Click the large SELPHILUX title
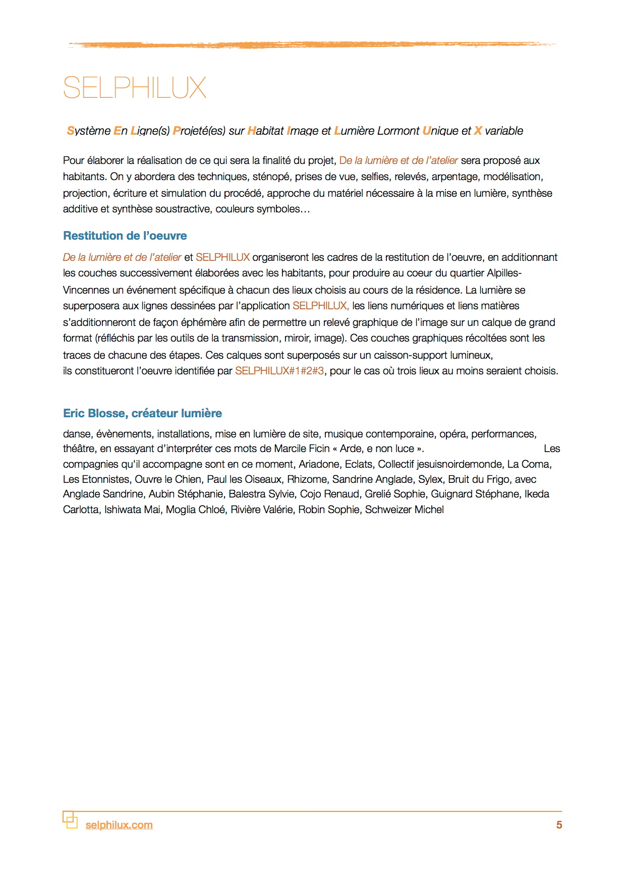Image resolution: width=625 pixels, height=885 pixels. pyautogui.click(x=135, y=88)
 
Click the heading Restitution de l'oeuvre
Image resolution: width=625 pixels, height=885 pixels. pyautogui.click(x=125, y=236)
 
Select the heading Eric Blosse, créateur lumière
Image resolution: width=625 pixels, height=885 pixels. pyautogui.click(x=142, y=413)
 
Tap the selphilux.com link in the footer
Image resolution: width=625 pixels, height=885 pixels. pyautogui.click(x=119, y=825)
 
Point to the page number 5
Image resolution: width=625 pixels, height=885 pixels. pyautogui.click(x=559, y=825)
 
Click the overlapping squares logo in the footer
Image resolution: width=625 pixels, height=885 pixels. pyautogui.click(x=70, y=819)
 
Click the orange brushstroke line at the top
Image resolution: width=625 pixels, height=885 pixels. pyautogui.click(x=312, y=45)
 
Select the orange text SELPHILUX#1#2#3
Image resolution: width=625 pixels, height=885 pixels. pyautogui.click(x=279, y=371)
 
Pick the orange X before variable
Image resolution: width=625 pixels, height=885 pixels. pyautogui.click(x=478, y=131)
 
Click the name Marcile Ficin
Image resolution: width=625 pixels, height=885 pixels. pyautogui.click(x=302, y=449)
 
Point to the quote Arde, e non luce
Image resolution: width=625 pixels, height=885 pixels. pyautogui.click(x=377, y=449)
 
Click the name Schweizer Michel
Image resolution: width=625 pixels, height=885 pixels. pyautogui.click(x=404, y=510)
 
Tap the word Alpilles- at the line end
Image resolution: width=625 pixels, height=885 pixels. pyautogui.click(x=504, y=273)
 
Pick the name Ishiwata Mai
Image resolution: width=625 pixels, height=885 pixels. pyautogui.click(x=132, y=510)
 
